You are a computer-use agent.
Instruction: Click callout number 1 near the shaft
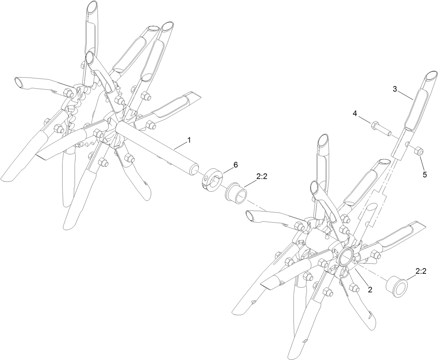pos(189,140)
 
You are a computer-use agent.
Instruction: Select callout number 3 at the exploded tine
pos(395,89)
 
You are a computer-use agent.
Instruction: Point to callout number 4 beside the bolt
pos(355,113)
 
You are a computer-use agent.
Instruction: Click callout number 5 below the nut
pos(424,175)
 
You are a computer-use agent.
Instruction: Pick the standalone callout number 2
pos(370,289)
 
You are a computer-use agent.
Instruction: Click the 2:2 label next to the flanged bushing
pos(262,177)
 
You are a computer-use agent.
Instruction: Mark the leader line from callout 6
pos(227,171)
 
